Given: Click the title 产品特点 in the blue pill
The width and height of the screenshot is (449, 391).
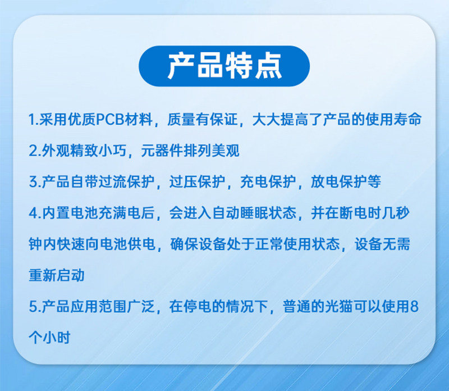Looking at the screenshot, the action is point(224,66).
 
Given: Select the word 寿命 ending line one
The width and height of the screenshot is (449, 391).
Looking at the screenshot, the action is point(407,119).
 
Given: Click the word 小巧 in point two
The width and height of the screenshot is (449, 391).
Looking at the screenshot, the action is point(112,151).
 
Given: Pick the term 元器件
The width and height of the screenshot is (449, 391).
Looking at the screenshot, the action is point(162,151).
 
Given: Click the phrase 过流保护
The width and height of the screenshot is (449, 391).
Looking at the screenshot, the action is point(127,182).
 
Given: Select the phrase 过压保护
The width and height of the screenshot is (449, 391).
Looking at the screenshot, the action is point(198,182).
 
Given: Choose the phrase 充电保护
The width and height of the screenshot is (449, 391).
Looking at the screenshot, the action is point(268,182).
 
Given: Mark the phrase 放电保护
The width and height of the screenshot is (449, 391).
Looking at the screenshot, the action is point(339,182).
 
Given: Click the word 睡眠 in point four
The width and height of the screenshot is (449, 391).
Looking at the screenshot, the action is point(254,213).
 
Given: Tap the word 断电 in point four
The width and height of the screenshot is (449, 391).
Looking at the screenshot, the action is point(353,213).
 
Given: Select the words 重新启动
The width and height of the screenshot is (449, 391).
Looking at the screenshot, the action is point(57,275).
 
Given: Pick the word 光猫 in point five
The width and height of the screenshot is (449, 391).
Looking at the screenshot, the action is point(339,306).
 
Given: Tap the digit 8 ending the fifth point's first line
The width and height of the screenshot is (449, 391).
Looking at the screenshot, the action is point(414,306).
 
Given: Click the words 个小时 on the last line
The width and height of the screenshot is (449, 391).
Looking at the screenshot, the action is point(49,338).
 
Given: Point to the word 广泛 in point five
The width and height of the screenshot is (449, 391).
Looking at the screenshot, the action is point(140,306).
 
